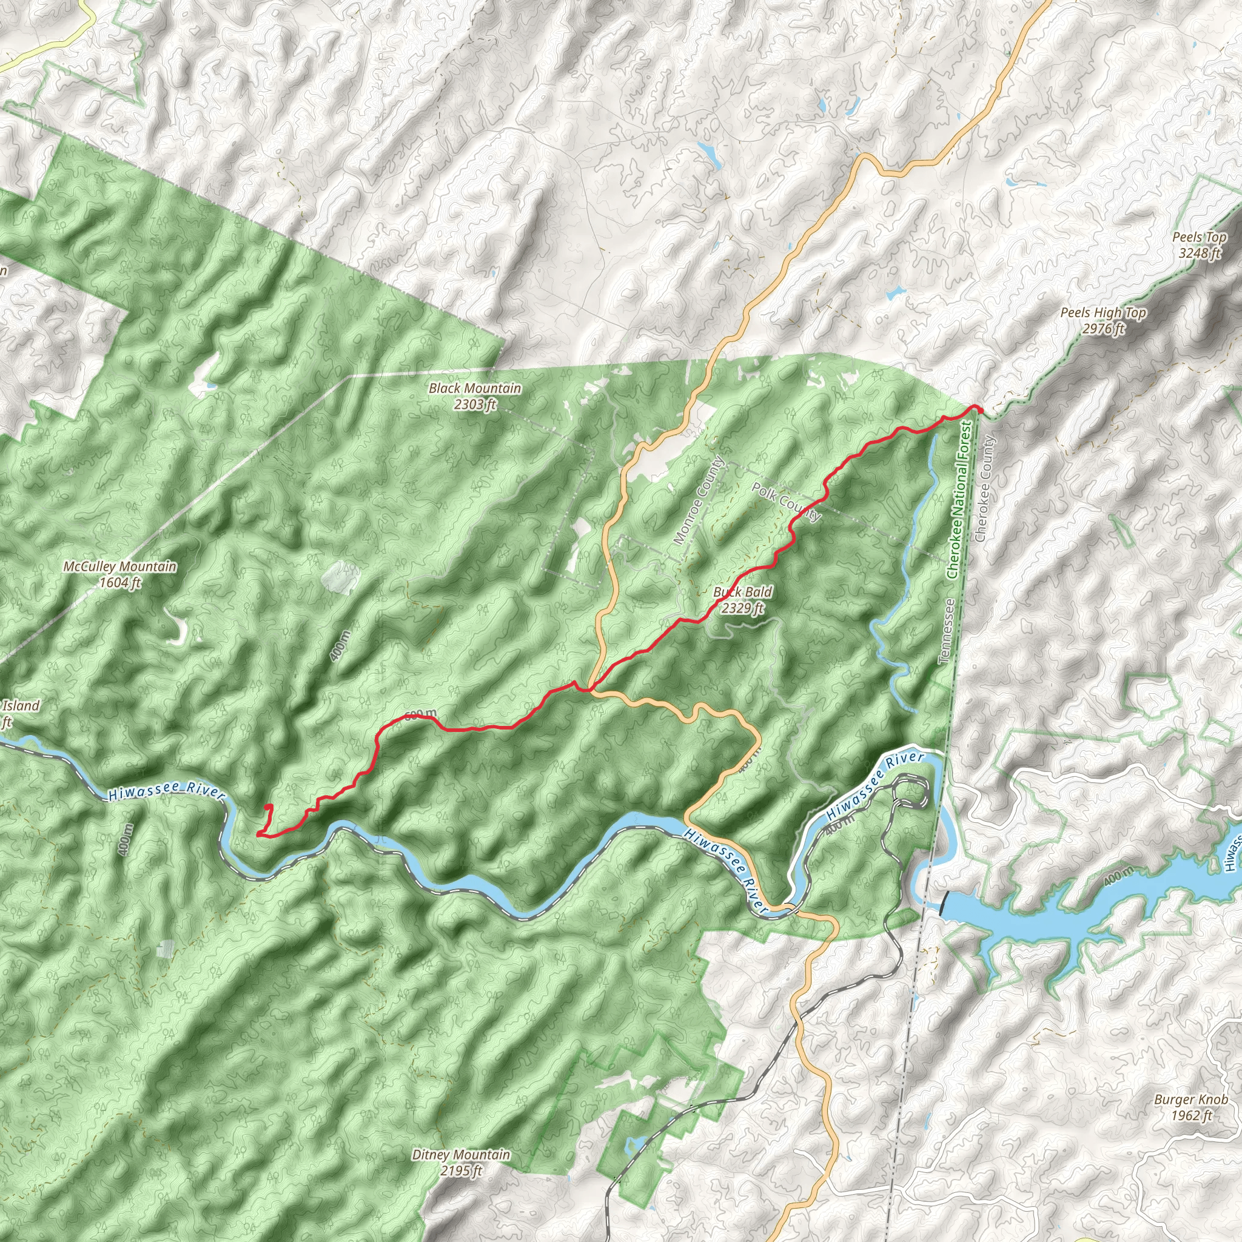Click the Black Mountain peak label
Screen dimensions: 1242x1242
(x=474, y=388)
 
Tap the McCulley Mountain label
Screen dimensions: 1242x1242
(x=119, y=566)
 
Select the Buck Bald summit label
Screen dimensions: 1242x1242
(x=742, y=592)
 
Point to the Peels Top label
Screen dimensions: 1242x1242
(x=1199, y=237)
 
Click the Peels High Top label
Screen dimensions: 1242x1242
(x=1103, y=313)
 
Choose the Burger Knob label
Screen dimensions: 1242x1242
(x=1190, y=650)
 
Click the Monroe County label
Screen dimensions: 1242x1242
(x=699, y=501)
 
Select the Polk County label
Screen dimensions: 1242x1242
(x=786, y=502)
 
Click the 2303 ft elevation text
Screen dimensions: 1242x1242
(x=474, y=404)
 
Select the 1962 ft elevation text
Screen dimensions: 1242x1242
(x=1190, y=665)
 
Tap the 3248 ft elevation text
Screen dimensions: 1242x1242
(x=1199, y=253)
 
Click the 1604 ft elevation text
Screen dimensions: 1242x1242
(x=119, y=583)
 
